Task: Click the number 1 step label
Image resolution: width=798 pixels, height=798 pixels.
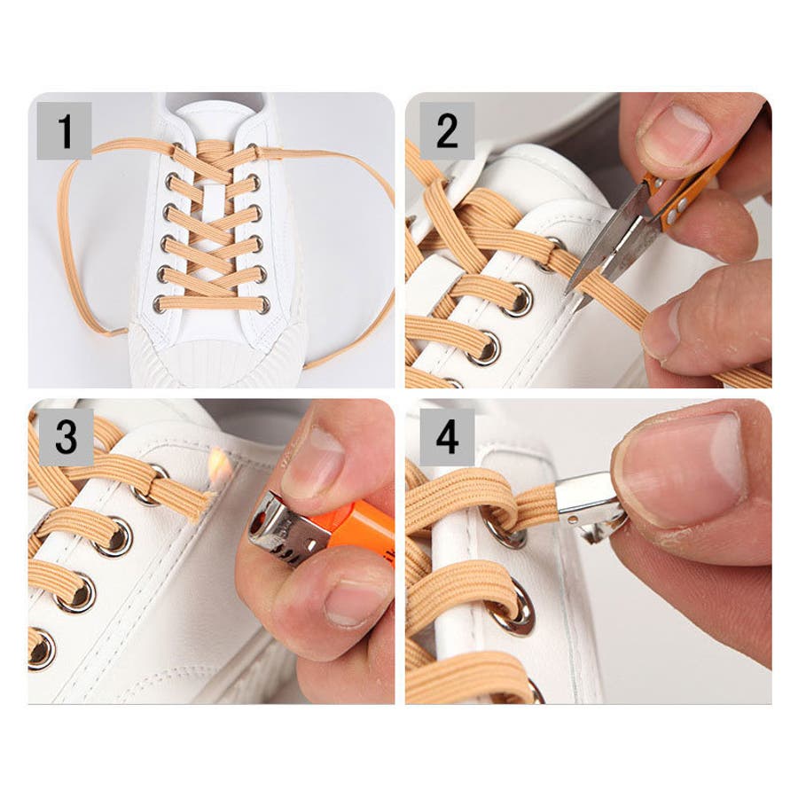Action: point(64,131)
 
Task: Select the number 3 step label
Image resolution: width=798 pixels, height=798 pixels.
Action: point(66,437)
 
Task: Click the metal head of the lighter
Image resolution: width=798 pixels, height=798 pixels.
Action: point(287,529)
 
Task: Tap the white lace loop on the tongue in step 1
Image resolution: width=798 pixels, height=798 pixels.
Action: point(214,195)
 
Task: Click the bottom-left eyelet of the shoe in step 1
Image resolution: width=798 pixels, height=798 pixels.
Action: point(159,304)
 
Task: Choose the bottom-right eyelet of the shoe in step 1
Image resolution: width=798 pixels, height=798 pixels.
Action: point(263,305)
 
